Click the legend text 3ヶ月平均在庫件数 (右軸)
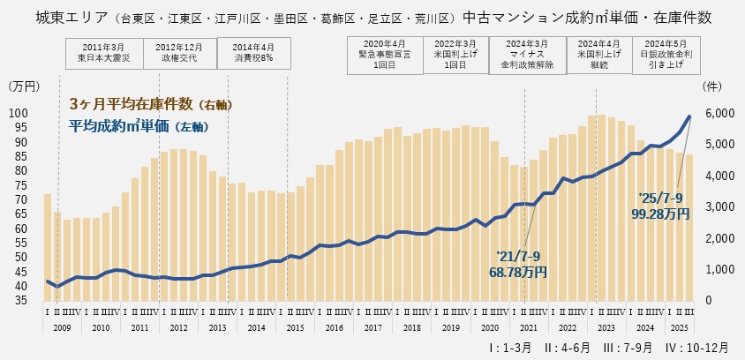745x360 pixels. click(150, 105)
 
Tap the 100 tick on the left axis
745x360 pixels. click(19, 113)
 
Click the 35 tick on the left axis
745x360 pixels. click(19, 300)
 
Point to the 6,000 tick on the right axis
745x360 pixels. click(717, 113)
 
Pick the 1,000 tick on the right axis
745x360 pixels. click(717, 269)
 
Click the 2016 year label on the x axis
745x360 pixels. click(335, 327)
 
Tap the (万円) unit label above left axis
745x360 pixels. click(24, 86)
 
